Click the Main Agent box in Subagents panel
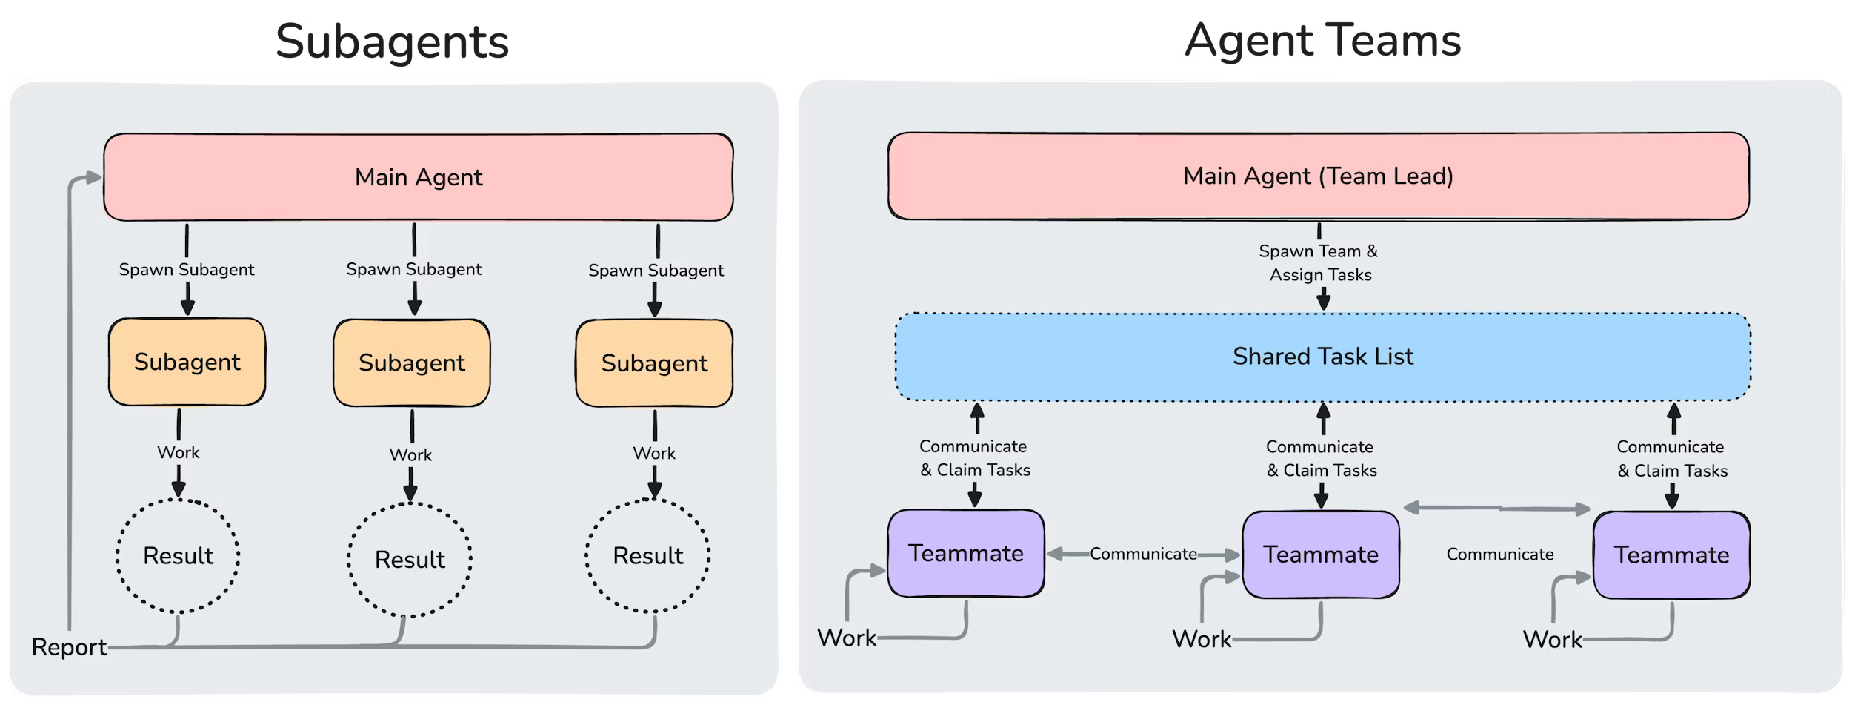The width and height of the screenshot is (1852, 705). (418, 177)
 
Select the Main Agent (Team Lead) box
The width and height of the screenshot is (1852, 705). (1318, 176)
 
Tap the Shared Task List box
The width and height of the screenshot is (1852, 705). (1322, 357)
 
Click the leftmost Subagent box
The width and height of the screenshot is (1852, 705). (187, 362)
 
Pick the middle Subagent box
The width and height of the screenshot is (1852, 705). (411, 363)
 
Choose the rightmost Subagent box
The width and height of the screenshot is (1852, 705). (654, 363)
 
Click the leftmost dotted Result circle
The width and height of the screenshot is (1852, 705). (178, 556)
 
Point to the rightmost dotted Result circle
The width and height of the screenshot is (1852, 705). (647, 556)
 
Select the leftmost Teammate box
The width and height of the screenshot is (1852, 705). (966, 553)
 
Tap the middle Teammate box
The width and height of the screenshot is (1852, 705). (1321, 555)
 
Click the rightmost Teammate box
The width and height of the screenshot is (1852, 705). (1671, 555)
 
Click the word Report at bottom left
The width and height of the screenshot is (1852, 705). (69, 647)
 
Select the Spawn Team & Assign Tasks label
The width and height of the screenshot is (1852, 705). (1319, 263)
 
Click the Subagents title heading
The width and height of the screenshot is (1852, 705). (392, 42)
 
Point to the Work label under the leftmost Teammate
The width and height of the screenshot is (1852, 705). (846, 638)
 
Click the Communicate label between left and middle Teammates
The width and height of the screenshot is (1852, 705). (1143, 554)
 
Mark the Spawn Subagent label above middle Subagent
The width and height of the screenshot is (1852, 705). (413, 269)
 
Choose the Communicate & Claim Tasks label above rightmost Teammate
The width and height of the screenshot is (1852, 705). (1671, 459)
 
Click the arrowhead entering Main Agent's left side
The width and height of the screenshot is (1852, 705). (94, 177)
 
